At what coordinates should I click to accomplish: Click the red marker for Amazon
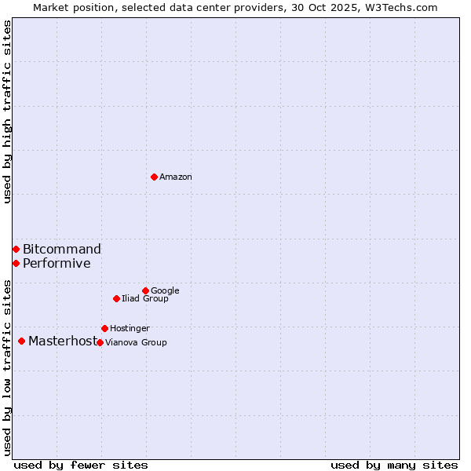click(x=154, y=177)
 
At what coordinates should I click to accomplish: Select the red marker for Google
click(x=145, y=290)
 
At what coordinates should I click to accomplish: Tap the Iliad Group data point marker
click(x=116, y=298)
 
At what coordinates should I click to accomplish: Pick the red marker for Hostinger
click(x=104, y=328)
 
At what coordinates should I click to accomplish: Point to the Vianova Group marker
click(x=100, y=342)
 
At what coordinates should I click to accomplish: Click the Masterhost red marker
click(x=21, y=341)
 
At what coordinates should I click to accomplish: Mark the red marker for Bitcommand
click(x=16, y=249)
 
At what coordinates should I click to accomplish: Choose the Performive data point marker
click(x=16, y=263)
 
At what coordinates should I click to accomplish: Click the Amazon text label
click(x=176, y=177)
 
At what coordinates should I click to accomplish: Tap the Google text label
click(x=165, y=291)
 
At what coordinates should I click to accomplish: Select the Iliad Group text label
click(x=145, y=299)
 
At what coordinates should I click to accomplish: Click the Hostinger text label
click(x=130, y=329)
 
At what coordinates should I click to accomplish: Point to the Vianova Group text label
click(x=136, y=343)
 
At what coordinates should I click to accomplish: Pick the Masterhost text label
click(x=63, y=341)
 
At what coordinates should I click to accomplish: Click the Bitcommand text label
click(x=62, y=250)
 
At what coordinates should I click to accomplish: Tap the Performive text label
click(x=57, y=264)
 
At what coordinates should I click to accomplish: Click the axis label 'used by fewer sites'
click(x=81, y=465)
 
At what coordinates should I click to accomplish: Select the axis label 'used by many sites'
click(x=394, y=465)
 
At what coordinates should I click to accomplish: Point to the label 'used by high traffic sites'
click(x=8, y=111)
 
